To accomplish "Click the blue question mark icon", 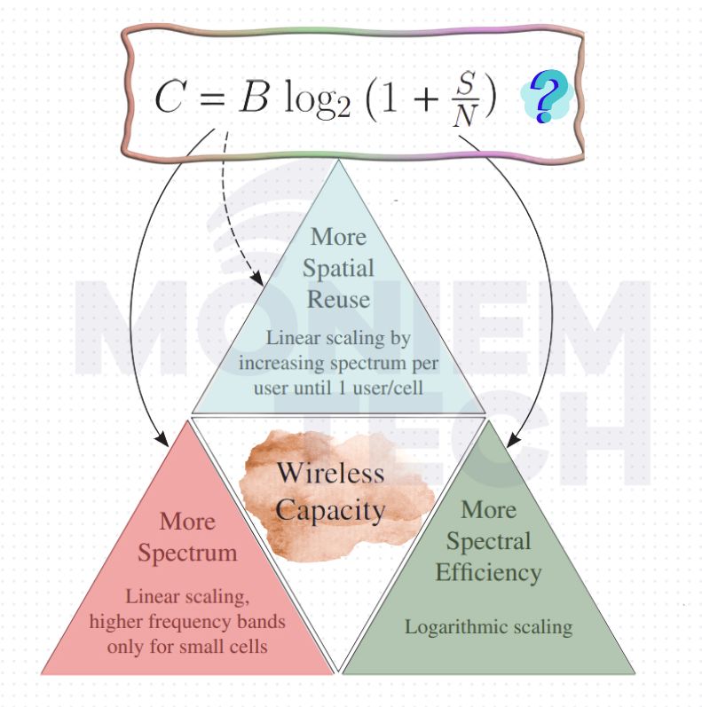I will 548,98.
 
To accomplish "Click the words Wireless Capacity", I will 330,491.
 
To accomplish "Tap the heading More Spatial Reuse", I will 339,268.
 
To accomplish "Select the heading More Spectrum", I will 186,537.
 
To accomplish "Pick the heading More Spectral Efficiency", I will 488,541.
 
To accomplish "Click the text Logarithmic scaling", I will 488,626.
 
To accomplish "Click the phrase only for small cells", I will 186,647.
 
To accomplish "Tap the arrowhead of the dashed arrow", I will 258,279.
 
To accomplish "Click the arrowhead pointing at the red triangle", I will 162,440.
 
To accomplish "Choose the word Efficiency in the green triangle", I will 488,572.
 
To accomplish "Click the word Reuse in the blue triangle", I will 339,299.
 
